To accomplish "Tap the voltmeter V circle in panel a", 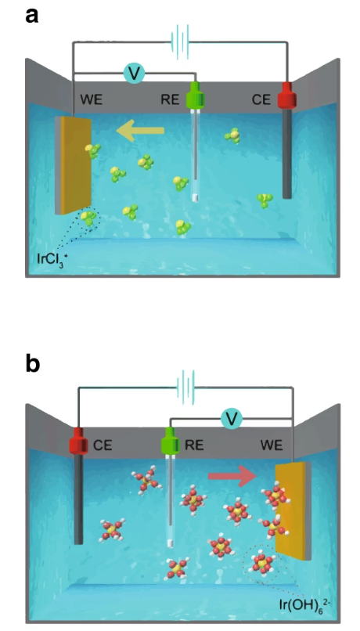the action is point(135,74).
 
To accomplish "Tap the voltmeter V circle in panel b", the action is point(232,419).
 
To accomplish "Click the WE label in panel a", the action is point(92,99).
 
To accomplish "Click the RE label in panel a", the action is point(170,99).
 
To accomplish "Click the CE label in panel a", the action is point(261,99).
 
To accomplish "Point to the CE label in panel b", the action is point(103,445).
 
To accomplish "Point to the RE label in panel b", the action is point(194,445).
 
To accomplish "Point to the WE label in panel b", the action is point(272,445).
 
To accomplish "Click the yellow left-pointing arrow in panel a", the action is point(140,131).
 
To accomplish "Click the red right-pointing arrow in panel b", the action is point(232,477).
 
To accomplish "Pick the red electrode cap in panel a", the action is point(286,96).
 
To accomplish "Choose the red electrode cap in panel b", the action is point(78,441).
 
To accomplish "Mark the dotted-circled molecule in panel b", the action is point(262,564).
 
